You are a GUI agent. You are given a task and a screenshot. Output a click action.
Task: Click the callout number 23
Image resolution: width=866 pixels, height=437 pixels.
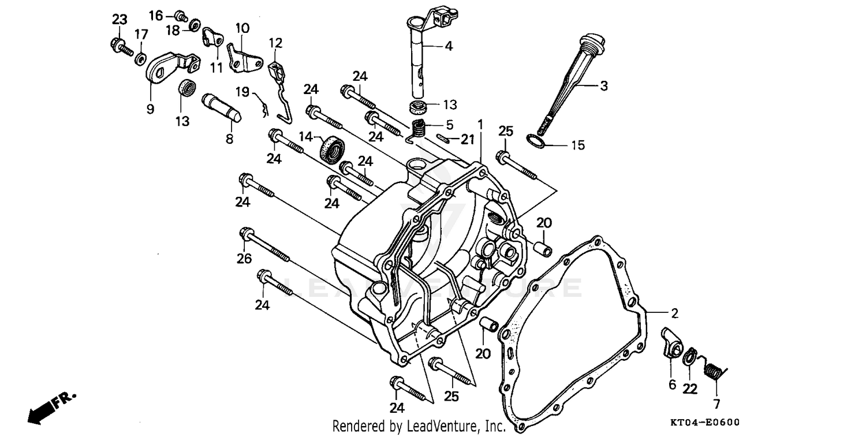[119, 19]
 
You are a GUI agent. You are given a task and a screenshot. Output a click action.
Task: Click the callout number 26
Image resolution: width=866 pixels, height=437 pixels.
[244, 259]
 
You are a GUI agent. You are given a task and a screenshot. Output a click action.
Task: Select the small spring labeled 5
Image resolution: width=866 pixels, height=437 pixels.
[420, 128]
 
